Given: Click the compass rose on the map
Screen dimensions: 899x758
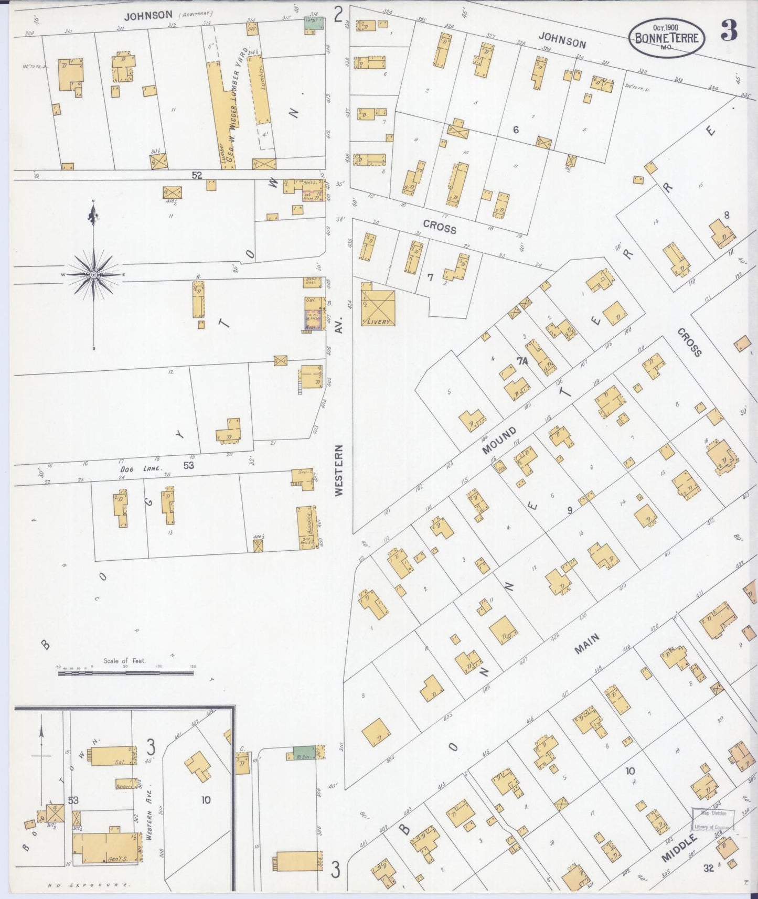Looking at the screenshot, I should (x=93, y=274).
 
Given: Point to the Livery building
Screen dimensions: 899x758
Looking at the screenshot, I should (x=378, y=307).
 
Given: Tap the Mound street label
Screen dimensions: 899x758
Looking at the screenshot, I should (x=499, y=441).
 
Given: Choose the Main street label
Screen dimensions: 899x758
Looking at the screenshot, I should (x=586, y=644).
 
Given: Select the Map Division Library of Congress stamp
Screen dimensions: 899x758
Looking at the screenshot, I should (x=712, y=819).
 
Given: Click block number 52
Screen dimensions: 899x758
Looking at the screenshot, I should (x=197, y=175).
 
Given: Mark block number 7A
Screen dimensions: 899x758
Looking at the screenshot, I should (x=521, y=361).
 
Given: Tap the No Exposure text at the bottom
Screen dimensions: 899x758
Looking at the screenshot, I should (x=89, y=885).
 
